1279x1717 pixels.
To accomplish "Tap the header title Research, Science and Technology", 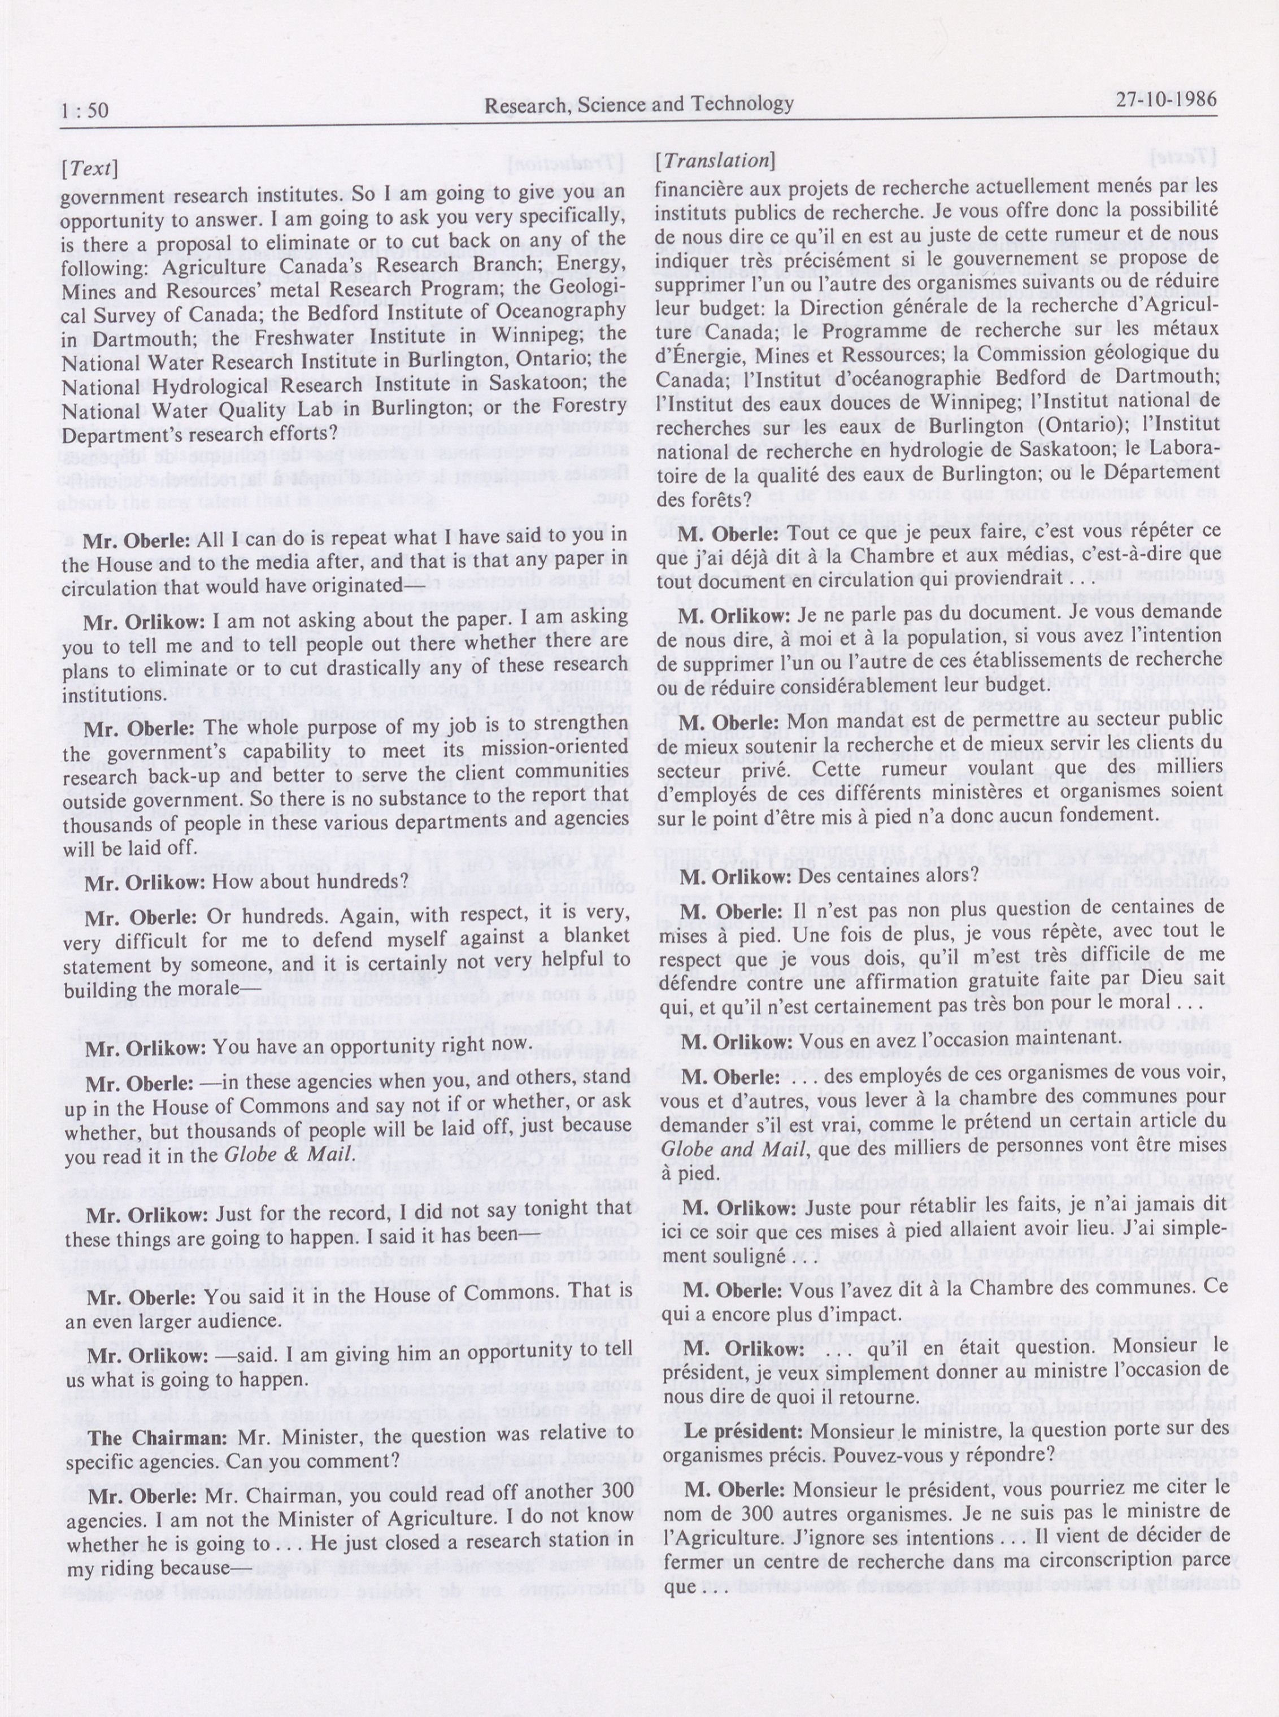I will coord(639,105).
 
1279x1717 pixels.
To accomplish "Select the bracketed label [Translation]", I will coord(714,160).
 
